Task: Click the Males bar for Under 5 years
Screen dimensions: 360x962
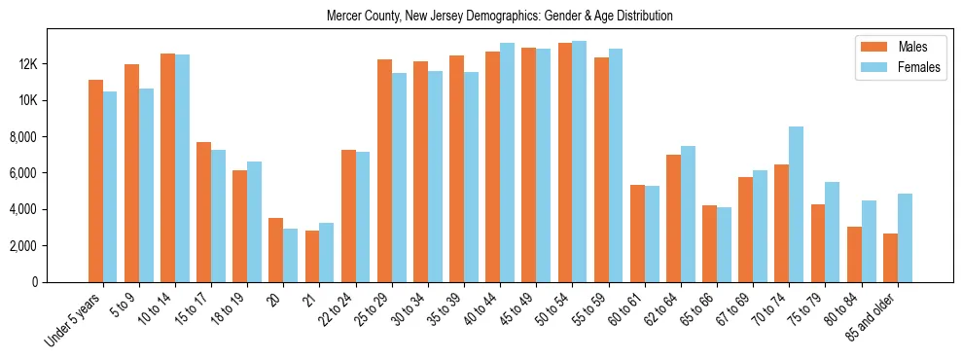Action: click(95, 181)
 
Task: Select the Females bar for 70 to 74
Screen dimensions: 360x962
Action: click(796, 204)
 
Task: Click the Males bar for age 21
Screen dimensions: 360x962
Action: click(312, 256)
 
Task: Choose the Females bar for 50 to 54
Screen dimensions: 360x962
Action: click(580, 162)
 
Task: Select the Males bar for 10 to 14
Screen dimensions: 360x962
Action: click(167, 167)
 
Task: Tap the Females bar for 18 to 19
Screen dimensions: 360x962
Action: click(255, 222)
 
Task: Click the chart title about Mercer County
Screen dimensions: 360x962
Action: click(499, 17)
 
